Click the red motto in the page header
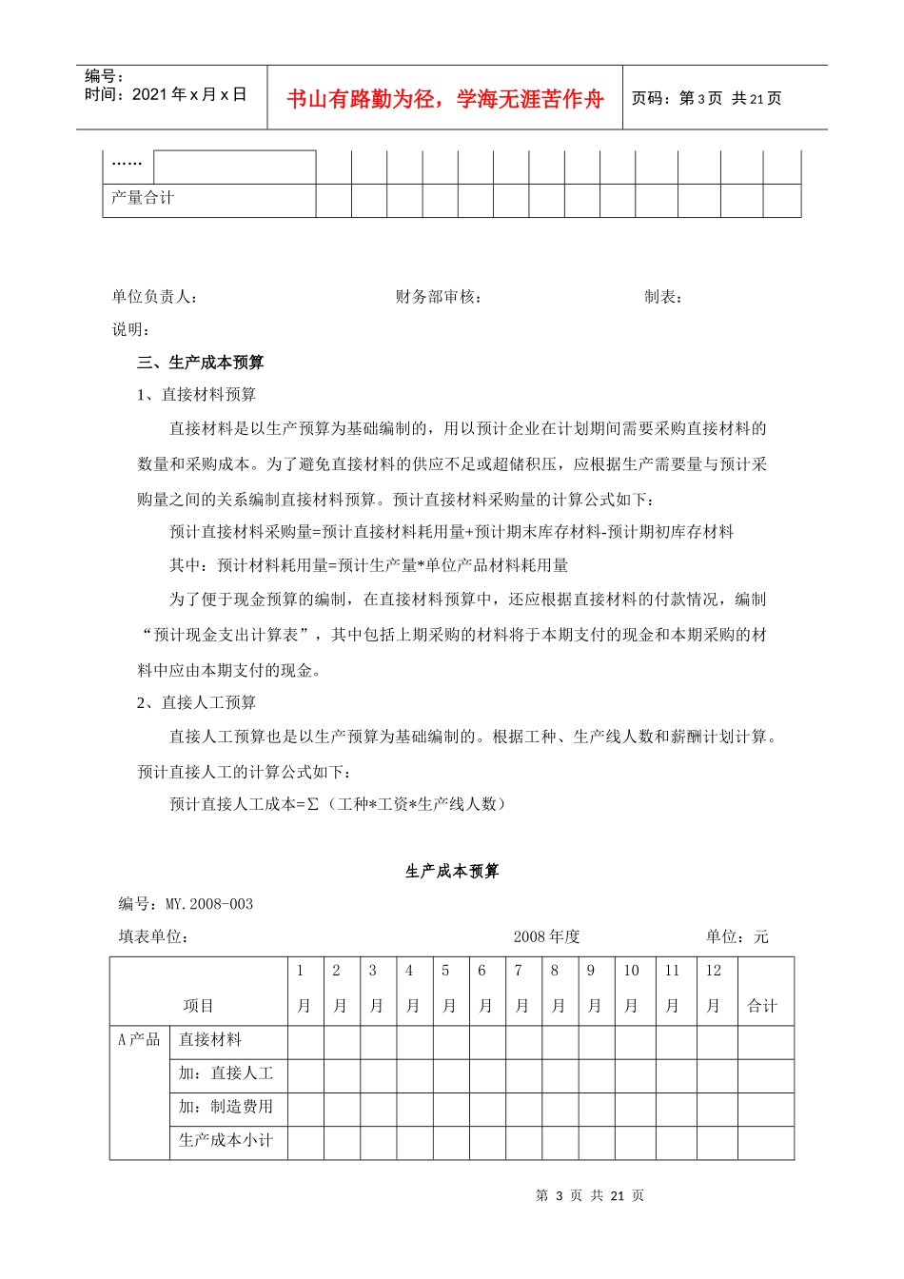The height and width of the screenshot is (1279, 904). tap(444, 99)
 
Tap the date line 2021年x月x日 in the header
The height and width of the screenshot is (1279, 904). tap(166, 94)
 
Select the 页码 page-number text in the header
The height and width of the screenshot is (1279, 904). tap(706, 99)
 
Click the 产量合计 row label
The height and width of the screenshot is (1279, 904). tap(143, 198)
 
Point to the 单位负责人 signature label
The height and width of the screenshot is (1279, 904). tap(155, 297)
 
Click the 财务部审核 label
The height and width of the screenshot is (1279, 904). tap(439, 297)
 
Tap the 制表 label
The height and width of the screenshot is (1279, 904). tap(663, 297)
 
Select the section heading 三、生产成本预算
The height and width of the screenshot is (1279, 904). tap(201, 363)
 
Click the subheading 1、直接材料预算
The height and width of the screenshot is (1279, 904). tap(197, 395)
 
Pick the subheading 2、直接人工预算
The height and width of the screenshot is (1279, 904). tap(197, 702)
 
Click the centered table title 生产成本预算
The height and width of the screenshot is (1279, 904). tap(452, 872)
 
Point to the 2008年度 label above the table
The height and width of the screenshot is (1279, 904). tap(546, 936)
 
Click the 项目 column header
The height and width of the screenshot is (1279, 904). tap(199, 1006)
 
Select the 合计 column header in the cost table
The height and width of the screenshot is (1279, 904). tap(762, 1006)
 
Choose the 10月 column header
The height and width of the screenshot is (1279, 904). tap(631, 988)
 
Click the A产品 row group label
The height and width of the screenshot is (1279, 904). tap(139, 1039)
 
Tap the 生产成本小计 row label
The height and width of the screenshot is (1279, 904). tap(226, 1140)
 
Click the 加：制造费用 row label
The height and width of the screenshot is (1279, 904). tap(226, 1107)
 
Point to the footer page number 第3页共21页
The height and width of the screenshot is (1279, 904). tap(590, 1196)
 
